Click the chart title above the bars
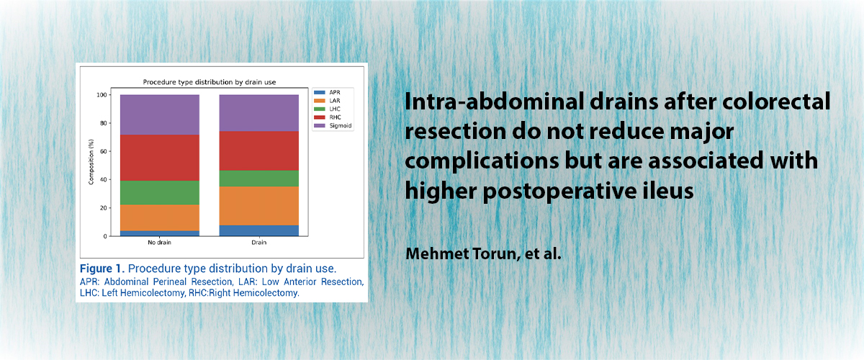[x=210, y=82]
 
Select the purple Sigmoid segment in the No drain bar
[x=160, y=114]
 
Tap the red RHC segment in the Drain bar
[x=258, y=151]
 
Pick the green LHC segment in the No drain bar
[x=160, y=192]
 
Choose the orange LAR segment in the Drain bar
[x=258, y=206]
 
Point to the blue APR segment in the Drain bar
[x=258, y=230]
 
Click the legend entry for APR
[x=327, y=93]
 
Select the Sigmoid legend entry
[x=333, y=126]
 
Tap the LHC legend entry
[x=327, y=109]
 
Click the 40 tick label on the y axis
[x=104, y=180]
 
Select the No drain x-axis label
[x=159, y=243]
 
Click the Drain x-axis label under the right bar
[x=258, y=243]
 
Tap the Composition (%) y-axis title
[x=91, y=162]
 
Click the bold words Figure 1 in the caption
[x=102, y=269]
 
